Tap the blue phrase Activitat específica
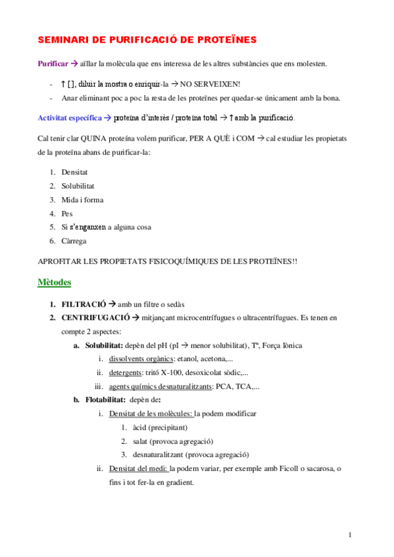[x=69, y=118]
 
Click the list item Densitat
[x=75, y=171]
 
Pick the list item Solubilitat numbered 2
[x=78, y=186]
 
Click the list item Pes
[x=67, y=213]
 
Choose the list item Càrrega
[x=74, y=241]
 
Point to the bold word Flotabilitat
[x=106, y=400]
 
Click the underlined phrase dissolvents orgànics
[x=140, y=359]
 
